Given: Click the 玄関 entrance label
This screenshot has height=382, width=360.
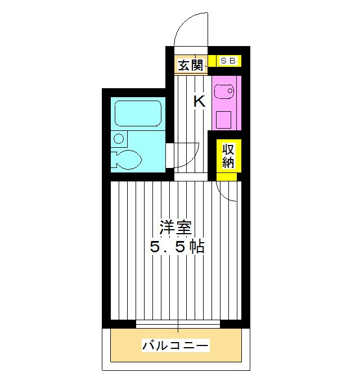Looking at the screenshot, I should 190,66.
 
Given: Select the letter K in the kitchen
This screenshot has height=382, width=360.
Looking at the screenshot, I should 199,102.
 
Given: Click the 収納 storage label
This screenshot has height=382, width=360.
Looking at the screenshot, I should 228,156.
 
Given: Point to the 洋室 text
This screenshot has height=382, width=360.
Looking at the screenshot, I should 176,228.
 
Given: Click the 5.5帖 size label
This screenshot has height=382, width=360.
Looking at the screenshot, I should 176,247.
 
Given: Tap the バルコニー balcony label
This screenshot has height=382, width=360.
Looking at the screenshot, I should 175,345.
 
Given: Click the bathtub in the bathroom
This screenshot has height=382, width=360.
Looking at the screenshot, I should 138,113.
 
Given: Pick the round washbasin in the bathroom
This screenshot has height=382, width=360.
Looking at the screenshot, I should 118,138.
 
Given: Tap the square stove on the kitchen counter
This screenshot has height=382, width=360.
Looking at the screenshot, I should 224,119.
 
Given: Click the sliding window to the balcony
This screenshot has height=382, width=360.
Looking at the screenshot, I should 178,324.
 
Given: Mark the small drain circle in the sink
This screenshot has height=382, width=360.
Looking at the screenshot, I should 231,90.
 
